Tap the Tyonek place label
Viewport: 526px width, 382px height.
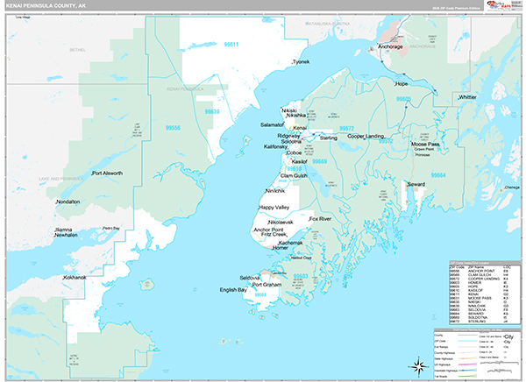(302, 62)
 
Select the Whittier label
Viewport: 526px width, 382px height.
(467, 97)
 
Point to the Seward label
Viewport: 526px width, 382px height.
(416, 184)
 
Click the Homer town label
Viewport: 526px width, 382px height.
(280, 248)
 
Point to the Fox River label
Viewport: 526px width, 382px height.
(320, 217)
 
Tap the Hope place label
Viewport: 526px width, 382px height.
(402, 84)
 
